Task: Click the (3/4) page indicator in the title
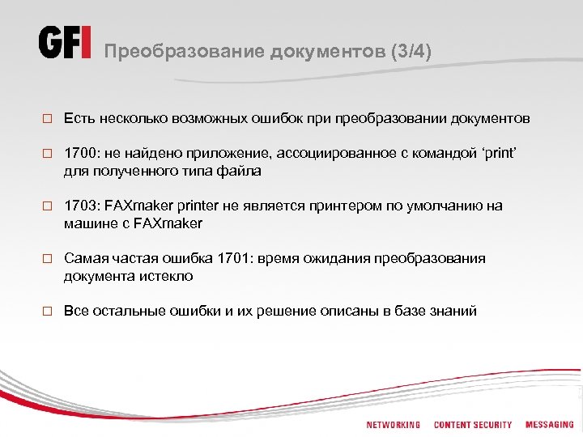tap(411, 52)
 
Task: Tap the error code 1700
tap(80, 154)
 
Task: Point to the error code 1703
tap(80, 206)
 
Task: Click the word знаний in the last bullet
tap(454, 310)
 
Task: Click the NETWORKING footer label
tap(394, 425)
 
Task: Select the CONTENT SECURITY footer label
tap(473, 425)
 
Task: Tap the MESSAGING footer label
tap(549, 425)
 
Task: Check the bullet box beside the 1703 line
tap(48, 206)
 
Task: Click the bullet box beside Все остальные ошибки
tap(48, 311)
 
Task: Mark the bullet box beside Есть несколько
tap(48, 120)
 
